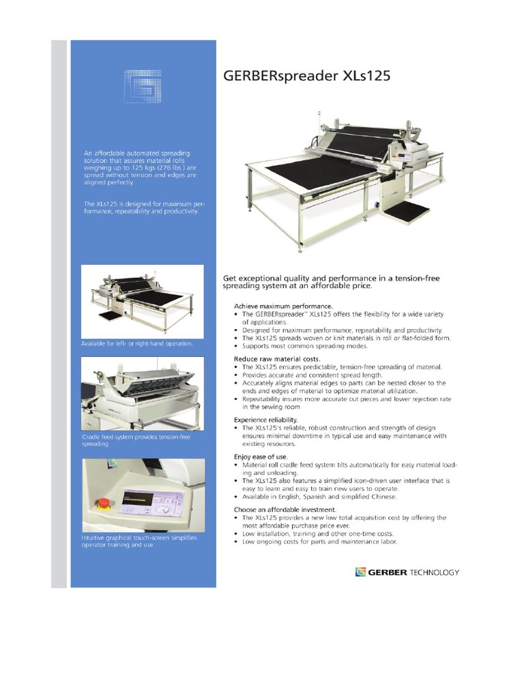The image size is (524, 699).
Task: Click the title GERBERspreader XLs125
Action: (307, 76)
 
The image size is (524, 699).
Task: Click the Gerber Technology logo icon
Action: (361, 572)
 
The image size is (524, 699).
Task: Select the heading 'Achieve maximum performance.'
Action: (283, 306)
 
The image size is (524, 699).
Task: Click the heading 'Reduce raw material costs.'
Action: (277, 358)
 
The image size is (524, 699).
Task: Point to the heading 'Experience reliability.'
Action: (266, 419)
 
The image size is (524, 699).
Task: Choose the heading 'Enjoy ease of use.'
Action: (261, 456)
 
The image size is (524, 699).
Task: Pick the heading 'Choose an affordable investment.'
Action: (285, 509)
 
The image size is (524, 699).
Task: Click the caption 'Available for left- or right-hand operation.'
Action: (136, 343)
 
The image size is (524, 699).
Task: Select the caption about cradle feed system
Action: (136, 440)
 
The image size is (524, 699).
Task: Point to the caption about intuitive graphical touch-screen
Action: (139, 542)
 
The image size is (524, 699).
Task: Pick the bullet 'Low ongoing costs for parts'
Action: (319, 542)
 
